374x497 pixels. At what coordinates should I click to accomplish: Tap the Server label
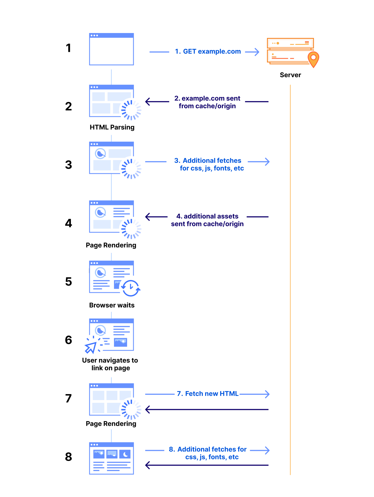[x=290, y=75]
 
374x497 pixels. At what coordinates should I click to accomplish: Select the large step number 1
[x=68, y=48]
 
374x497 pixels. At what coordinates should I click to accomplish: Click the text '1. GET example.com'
[x=208, y=52]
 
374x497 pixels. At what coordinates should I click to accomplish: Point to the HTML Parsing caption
[x=112, y=127]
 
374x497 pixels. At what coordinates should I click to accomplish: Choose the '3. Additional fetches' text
[x=208, y=160]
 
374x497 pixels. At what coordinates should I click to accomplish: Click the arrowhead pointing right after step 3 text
[x=267, y=162]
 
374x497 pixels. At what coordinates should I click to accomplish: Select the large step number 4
[x=68, y=223]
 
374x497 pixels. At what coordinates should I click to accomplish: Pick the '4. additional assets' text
[x=207, y=216]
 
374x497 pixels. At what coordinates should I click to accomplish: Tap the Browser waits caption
[x=112, y=305]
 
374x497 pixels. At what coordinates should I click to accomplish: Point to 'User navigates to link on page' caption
[x=110, y=364]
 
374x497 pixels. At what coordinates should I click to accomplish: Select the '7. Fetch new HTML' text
[x=208, y=394]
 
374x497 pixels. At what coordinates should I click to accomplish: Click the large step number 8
[x=68, y=457]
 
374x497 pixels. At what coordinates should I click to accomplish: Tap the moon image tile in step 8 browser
[x=125, y=454]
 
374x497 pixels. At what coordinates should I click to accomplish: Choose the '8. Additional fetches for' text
[x=208, y=449]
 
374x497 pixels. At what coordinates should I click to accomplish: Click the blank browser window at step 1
[x=112, y=49]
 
